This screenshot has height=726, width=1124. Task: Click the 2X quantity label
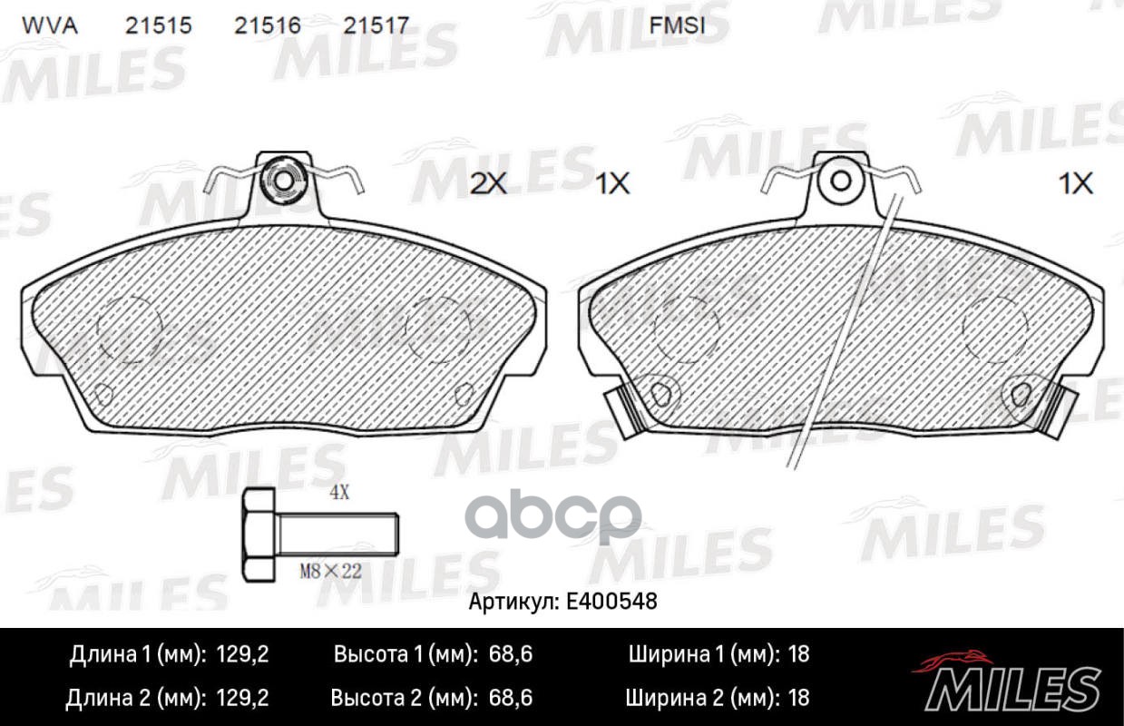[488, 184]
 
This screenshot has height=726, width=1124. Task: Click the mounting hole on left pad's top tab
[282, 181]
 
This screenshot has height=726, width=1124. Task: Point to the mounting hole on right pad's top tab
[841, 181]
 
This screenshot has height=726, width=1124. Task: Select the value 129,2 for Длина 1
[243, 655]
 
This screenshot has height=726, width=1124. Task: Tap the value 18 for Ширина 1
[798, 655]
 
